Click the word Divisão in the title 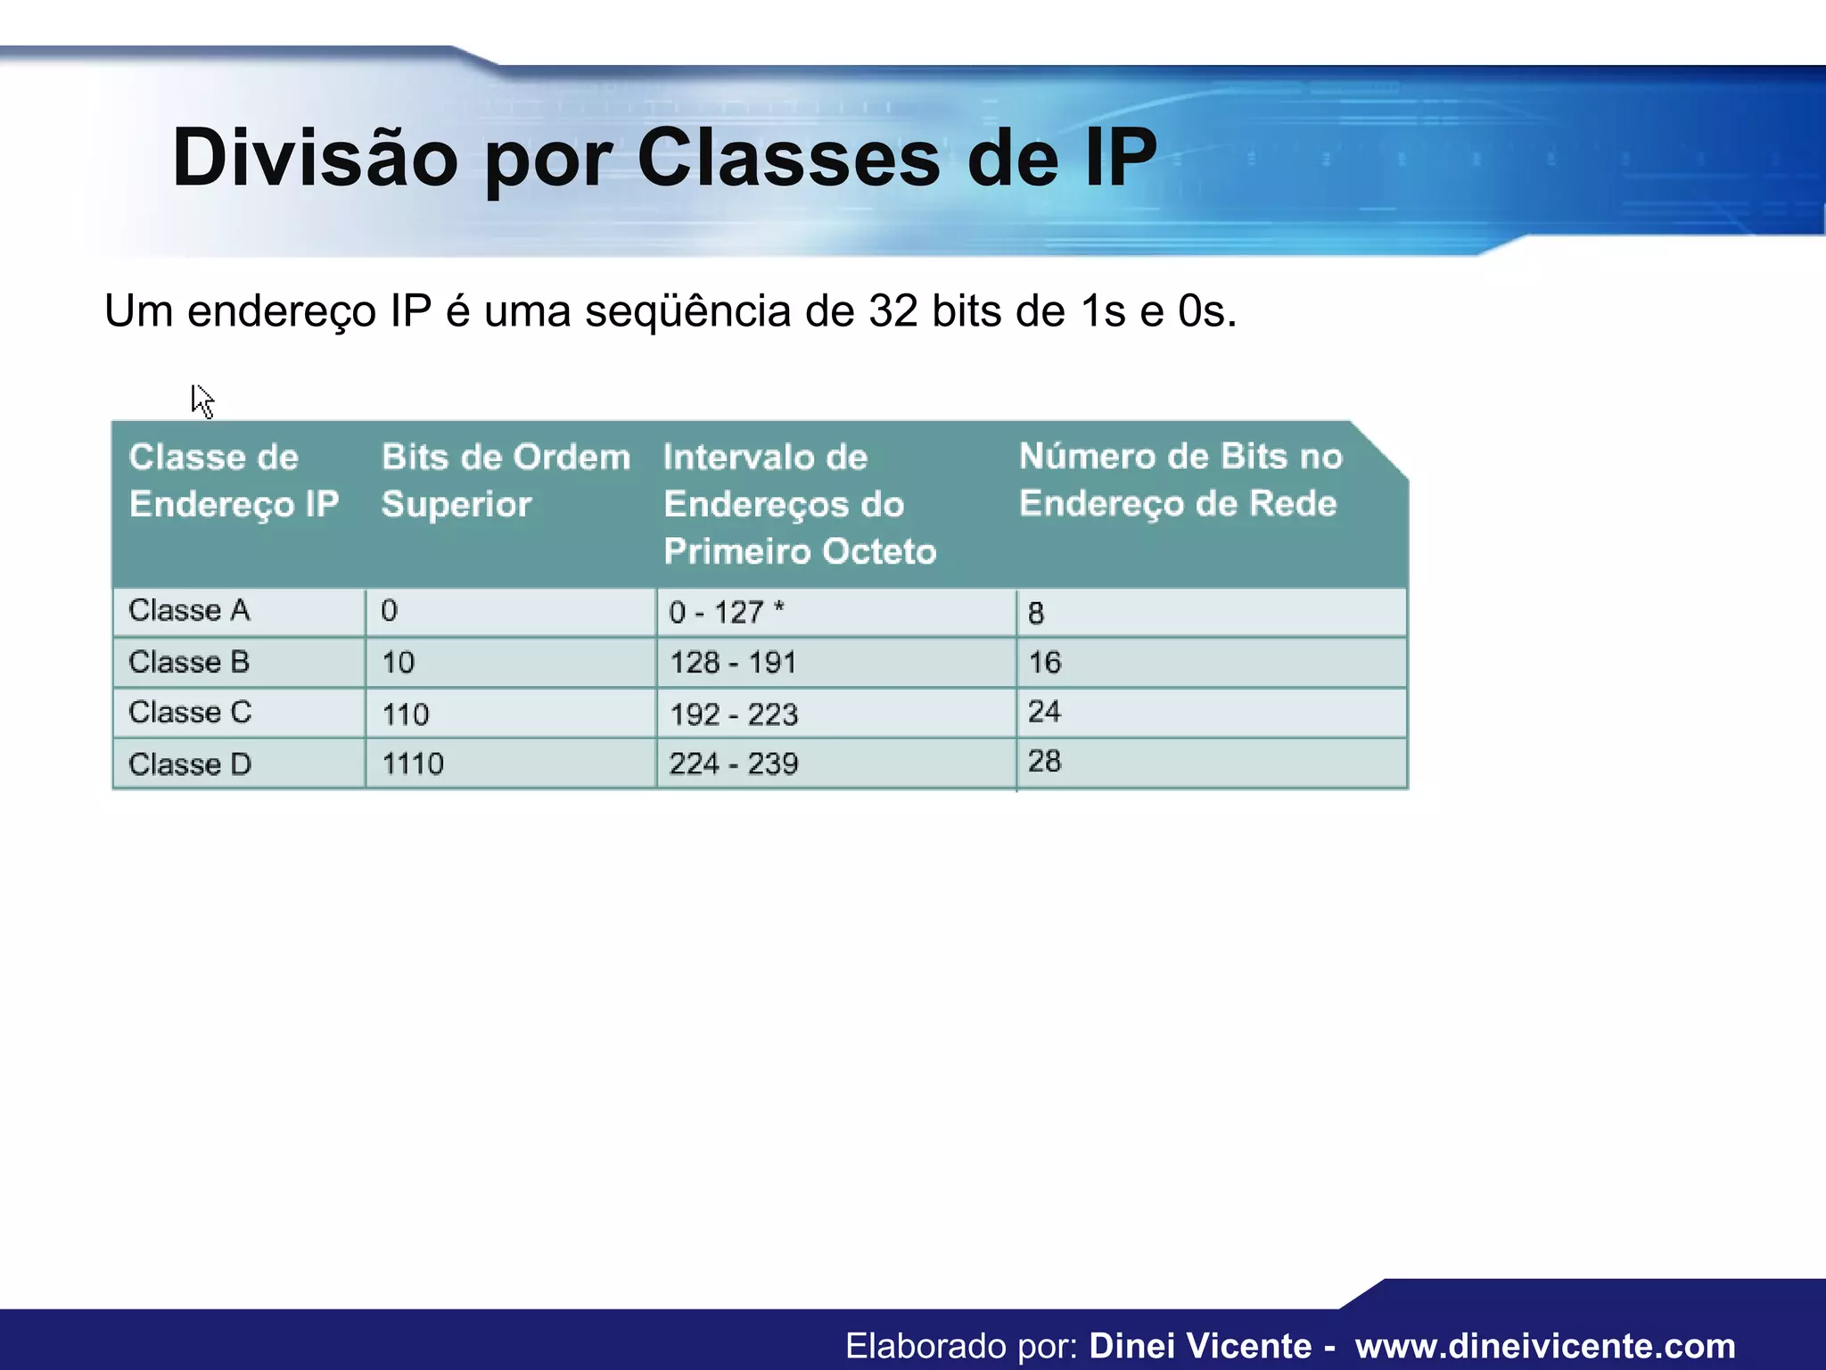[x=315, y=158]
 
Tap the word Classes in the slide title [x=789, y=158]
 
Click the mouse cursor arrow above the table [x=202, y=400]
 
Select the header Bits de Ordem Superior [x=506, y=480]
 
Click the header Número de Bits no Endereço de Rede [x=1180, y=479]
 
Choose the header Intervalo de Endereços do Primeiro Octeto [x=799, y=503]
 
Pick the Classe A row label [x=189, y=611]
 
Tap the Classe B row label [x=189, y=662]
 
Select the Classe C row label [x=190, y=713]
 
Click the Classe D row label [x=190, y=764]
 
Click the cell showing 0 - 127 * [x=726, y=612]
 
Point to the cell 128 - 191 [x=733, y=663]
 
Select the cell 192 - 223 [x=734, y=714]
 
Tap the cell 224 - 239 [x=734, y=764]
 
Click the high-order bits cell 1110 [x=413, y=764]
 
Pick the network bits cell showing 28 [x=1044, y=762]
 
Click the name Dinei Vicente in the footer [x=1200, y=1346]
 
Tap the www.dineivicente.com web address [x=1545, y=1346]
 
